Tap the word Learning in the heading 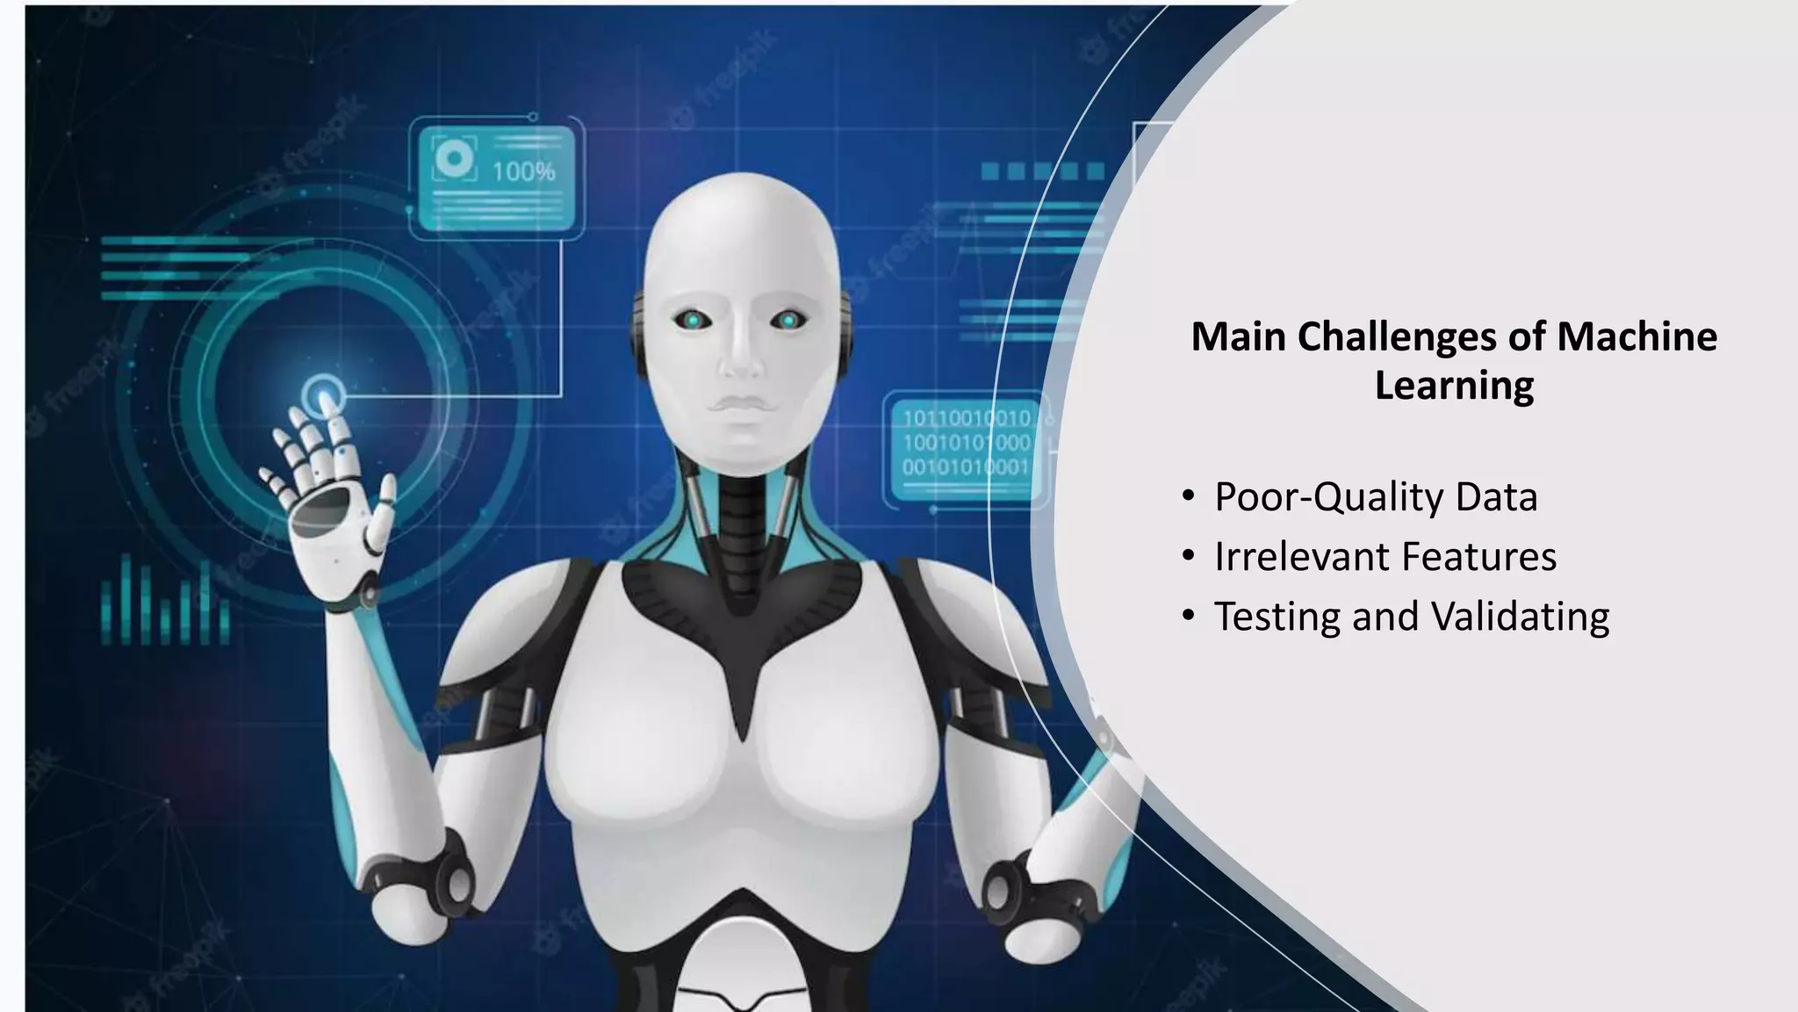(1454, 386)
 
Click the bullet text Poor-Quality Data (1375, 497)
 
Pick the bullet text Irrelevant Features (1384, 557)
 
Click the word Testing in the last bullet (1277, 617)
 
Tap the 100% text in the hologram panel (523, 171)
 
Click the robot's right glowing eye (788, 322)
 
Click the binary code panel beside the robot (966, 443)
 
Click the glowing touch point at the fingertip (325, 393)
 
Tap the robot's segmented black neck (742, 527)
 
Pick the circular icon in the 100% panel (454, 159)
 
